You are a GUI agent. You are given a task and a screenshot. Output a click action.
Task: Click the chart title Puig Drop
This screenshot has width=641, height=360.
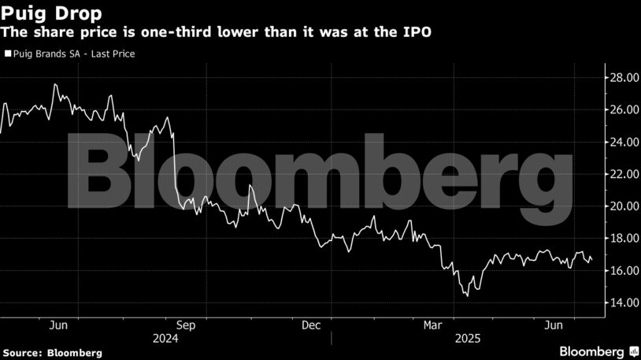click(44, 13)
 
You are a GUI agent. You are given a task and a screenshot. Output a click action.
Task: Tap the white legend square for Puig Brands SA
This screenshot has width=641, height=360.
click(8, 54)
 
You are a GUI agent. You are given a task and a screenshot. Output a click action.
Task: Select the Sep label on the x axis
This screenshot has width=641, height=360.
click(185, 325)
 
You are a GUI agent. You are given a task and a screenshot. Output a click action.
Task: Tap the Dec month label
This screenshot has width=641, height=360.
click(310, 325)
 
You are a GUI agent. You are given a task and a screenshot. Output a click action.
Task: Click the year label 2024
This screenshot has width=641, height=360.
click(165, 338)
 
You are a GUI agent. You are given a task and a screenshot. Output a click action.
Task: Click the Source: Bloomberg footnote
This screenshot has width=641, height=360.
click(51, 352)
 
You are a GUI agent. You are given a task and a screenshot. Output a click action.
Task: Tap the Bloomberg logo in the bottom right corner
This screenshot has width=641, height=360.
click(598, 351)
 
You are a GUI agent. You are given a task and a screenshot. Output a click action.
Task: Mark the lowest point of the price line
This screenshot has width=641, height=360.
click(467, 296)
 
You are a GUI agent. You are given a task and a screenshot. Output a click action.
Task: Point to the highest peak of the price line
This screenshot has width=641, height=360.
click(54, 84)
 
